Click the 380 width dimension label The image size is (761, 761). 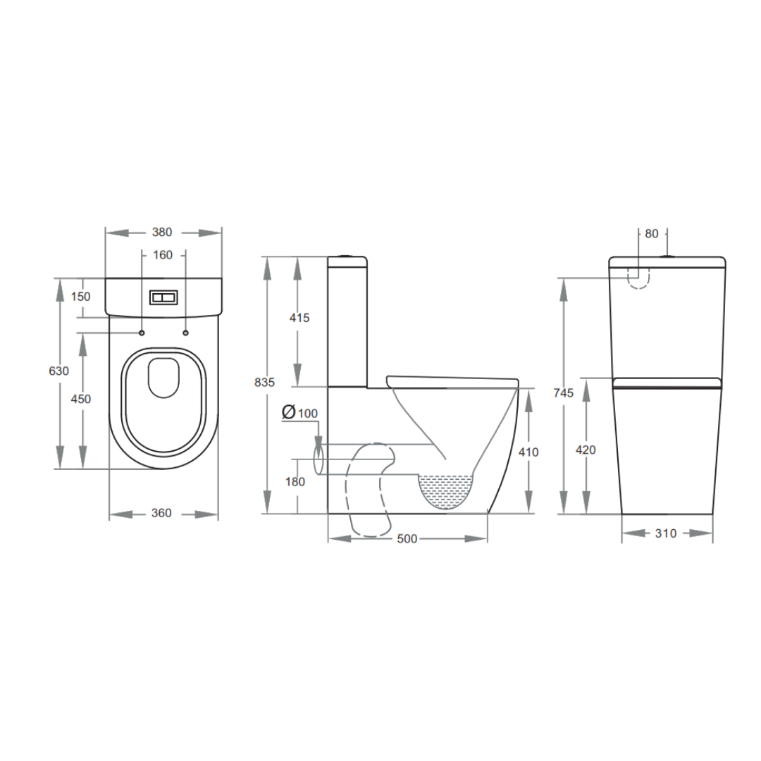click(x=162, y=233)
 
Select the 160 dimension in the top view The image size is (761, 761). click(x=163, y=255)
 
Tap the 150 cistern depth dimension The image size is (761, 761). click(x=81, y=297)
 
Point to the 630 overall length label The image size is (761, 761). click(x=59, y=371)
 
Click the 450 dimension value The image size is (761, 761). click(x=82, y=399)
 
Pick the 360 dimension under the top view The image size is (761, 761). click(x=161, y=513)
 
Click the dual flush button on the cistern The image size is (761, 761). click(x=163, y=298)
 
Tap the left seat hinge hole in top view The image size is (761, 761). click(x=142, y=333)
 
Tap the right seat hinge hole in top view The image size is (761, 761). click(x=185, y=333)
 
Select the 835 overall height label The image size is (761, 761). click(x=264, y=383)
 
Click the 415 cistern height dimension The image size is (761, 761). click(x=299, y=318)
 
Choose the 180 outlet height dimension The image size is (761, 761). click(x=296, y=482)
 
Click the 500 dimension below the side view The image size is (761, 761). click(x=407, y=539)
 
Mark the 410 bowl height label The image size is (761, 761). click(x=528, y=452)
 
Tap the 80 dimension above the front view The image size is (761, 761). click(x=652, y=233)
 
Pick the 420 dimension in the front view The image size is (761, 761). click(x=586, y=450)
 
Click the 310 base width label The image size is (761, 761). click(x=666, y=533)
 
